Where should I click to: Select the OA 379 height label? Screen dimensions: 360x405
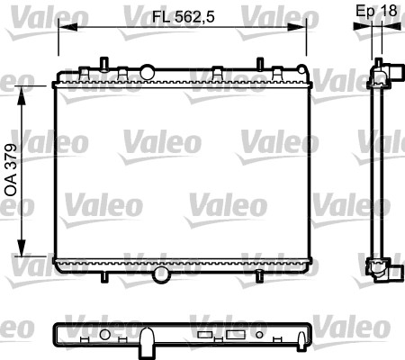coord(11,170)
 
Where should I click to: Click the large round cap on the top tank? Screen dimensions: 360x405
coord(148,69)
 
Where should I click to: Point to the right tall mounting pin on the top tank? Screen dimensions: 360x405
coord(259,63)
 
